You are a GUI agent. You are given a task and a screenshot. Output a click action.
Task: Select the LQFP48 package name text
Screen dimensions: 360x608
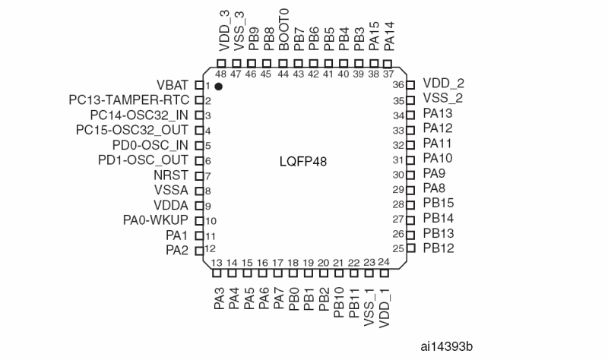304,162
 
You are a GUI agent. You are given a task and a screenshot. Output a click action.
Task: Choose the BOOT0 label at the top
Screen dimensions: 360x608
283,36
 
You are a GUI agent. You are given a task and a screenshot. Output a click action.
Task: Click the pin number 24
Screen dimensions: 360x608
384,262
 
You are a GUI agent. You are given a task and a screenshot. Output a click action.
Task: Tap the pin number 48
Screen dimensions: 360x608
220,74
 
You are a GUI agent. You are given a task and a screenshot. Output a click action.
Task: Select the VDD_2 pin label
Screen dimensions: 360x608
443,84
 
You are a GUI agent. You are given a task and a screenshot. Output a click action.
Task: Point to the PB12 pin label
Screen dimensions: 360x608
438,248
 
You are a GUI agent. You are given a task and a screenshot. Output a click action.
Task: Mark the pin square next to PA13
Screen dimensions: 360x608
410,115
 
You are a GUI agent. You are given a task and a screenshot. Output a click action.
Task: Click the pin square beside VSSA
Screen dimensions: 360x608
198,191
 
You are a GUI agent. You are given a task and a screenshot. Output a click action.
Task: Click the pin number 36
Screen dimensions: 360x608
397,85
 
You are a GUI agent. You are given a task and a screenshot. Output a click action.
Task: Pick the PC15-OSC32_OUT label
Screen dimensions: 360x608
132,130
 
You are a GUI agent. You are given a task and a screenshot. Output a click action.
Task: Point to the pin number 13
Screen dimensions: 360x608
217,263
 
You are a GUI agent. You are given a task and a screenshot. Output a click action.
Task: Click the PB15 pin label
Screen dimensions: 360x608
438,203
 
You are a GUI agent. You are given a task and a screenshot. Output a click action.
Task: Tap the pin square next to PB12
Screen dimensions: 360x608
410,248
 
